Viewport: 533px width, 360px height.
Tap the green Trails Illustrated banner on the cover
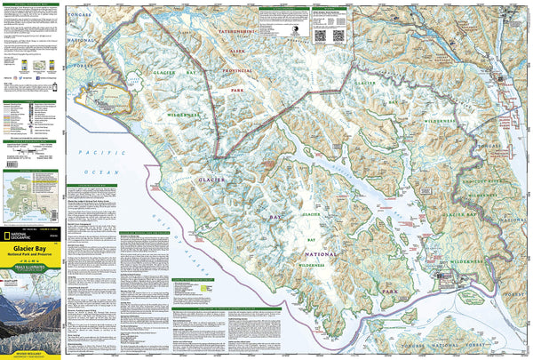pyautogui.click(x=31, y=277)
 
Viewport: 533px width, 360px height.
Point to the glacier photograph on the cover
pyautogui.click(x=31, y=320)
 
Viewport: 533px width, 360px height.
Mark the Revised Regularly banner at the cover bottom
pyautogui.click(x=31, y=355)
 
